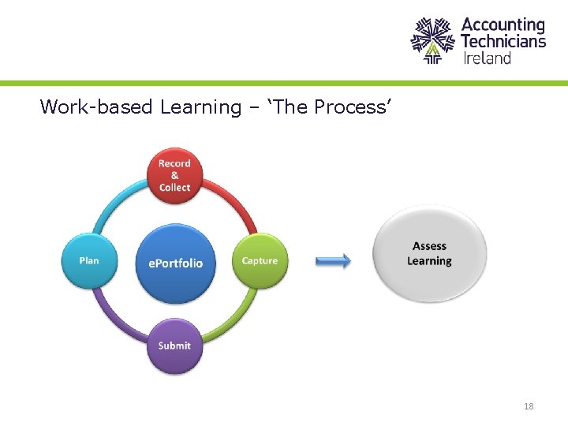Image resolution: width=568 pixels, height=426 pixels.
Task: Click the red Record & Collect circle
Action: click(x=174, y=175)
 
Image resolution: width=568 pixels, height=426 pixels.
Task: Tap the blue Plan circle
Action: click(x=89, y=261)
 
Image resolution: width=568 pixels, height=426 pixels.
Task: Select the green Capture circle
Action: click(x=260, y=261)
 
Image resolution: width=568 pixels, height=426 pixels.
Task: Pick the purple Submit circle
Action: click(x=174, y=346)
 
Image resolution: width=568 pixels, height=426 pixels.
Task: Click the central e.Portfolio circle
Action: click(x=175, y=263)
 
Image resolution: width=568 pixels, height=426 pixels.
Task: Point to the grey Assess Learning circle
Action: click(x=429, y=254)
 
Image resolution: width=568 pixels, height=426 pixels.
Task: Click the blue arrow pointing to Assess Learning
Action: click(x=333, y=261)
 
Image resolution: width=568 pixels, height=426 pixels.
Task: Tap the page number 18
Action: click(x=529, y=406)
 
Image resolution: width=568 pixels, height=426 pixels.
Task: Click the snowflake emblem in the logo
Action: click(x=433, y=39)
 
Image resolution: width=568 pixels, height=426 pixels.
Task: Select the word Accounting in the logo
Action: click(x=503, y=25)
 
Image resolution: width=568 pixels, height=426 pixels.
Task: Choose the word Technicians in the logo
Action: click(x=503, y=41)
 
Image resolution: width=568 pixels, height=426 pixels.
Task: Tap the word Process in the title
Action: click(x=350, y=106)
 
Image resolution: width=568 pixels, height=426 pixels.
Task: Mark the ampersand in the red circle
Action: click(x=174, y=175)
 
